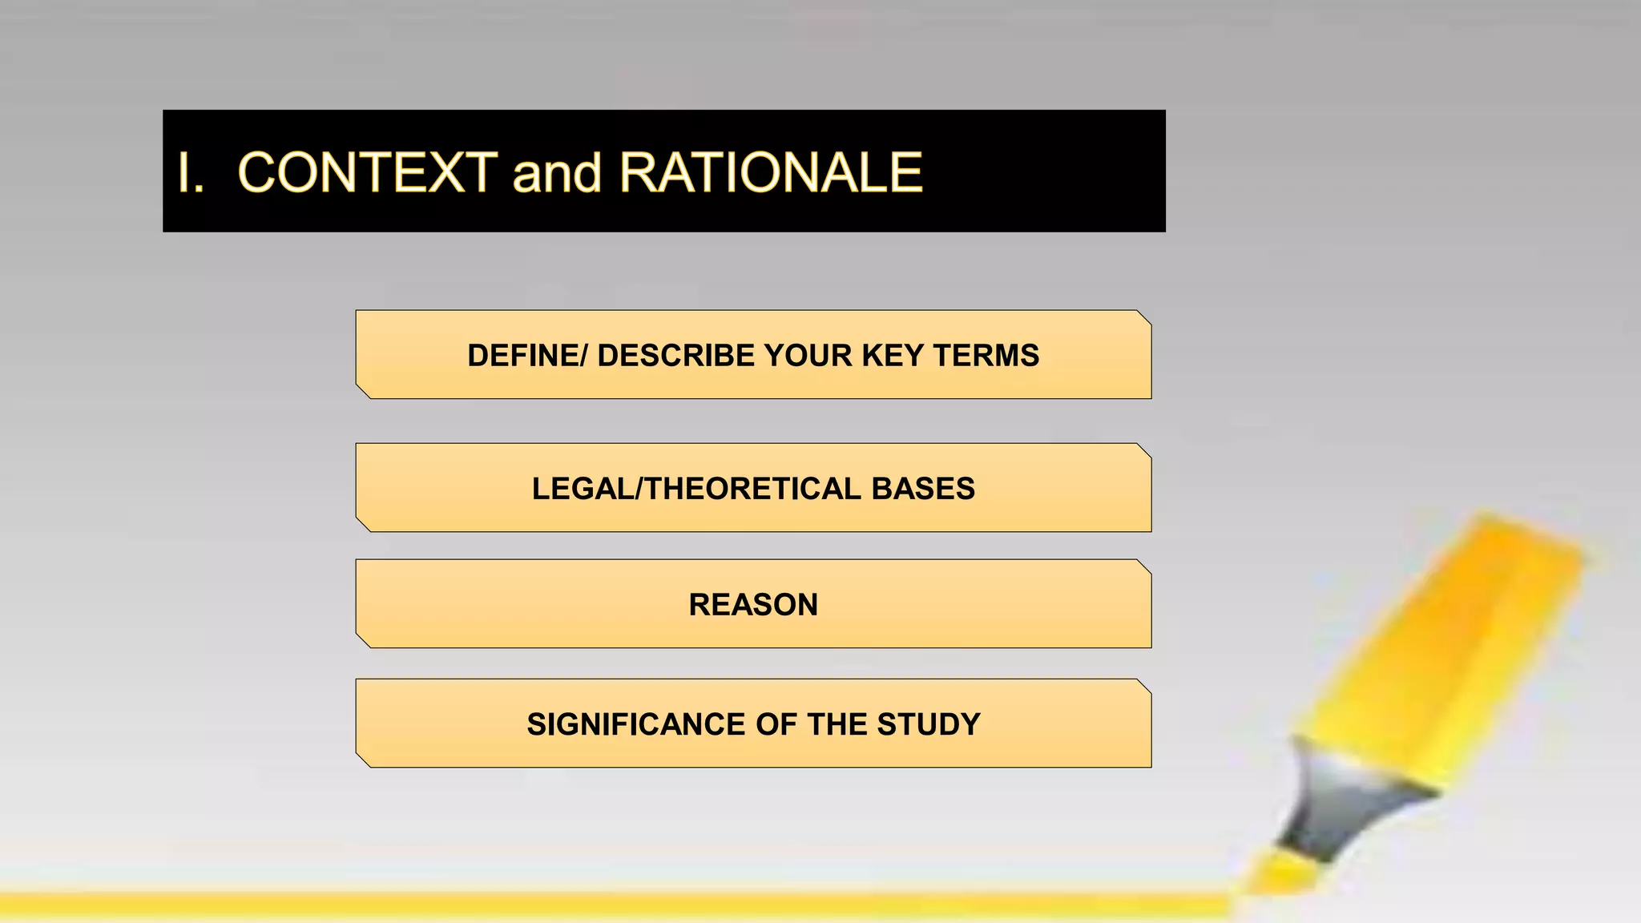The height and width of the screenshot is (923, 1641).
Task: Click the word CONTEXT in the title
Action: [x=367, y=173]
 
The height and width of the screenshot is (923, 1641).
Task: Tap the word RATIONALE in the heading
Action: [x=771, y=173]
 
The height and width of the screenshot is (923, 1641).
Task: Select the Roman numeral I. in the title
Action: [x=191, y=173]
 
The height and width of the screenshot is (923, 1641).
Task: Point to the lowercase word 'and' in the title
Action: [x=557, y=173]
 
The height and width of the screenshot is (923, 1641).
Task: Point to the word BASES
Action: [x=923, y=489]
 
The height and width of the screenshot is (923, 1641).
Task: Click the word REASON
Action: [x=753, y=605]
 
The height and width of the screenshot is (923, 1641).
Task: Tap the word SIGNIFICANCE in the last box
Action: [x=636, y=724]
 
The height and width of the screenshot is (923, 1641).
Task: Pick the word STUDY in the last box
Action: [x=929, y=724]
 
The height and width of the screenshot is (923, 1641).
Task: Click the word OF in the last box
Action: [x=776, y=724]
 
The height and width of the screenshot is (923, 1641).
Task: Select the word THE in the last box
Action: [x=837, y=724]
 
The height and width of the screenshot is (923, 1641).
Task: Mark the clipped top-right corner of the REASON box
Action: [x=1143, y=567]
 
